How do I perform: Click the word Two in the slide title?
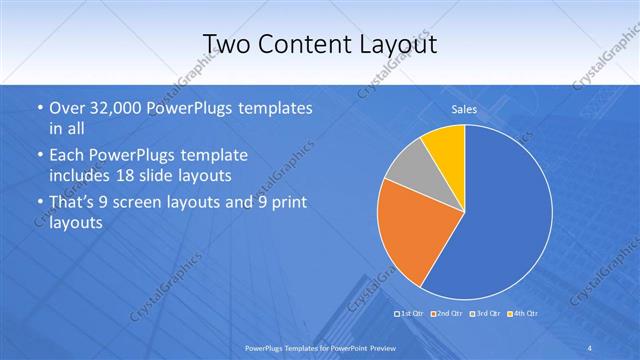pyautogui.click(x=226, y=44)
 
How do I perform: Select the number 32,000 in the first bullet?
pyautogui.click(x=110, y=108)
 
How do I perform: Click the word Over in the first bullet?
pyautogui.click(x=65, y=108)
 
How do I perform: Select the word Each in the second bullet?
pyautogui.click(x=66, y=157)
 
